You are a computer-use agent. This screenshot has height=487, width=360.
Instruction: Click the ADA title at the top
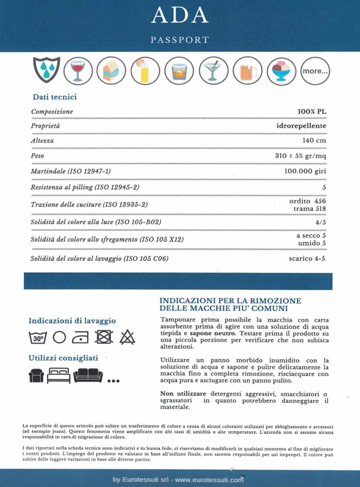click(x=180, y=15)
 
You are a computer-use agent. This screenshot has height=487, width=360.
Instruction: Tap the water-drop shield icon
click(x=46, y=70)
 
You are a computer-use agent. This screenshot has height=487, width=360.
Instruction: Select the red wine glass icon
click(x=77, y=70)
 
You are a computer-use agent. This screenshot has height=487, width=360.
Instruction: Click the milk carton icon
click(x=111, y=70)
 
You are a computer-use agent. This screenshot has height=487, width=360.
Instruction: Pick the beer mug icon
click(x=248, y=71)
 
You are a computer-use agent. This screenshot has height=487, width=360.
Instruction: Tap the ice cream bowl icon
click(x=282, y=71)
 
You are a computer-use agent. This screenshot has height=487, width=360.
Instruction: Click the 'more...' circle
click(x=315, y=71)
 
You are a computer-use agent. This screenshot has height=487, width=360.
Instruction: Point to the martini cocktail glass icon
click(x=214, y=71)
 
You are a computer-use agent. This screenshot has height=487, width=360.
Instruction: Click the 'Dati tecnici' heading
click(x=55, y=97)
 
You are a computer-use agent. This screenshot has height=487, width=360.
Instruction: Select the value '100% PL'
click(x=311, y=112)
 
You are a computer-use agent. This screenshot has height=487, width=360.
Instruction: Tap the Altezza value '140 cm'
click(x=314, y=141)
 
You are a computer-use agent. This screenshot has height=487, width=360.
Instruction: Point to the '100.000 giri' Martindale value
click(x=305, y=171)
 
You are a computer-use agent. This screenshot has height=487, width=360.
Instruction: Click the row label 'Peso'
click(x=38, y=156)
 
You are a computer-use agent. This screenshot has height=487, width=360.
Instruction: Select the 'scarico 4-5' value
click(x=307, y=259)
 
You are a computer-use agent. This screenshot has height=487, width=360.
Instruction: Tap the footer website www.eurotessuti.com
click(x=209, y=480)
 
